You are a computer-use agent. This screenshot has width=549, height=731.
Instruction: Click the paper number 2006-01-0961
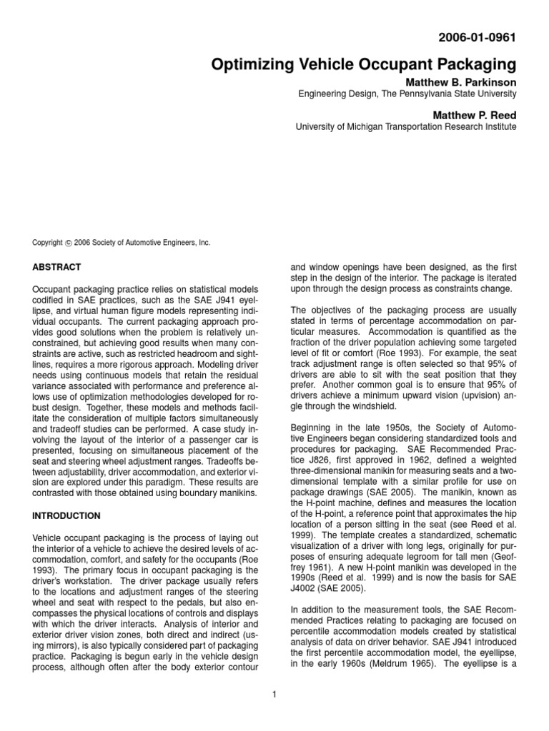pyautogui.click(x=477, y=36)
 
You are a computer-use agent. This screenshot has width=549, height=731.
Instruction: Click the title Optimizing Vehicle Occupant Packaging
pyautogui.click(x=364, y=65)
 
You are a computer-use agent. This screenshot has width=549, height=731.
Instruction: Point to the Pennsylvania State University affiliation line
pyautogui.click(x=406, y=94)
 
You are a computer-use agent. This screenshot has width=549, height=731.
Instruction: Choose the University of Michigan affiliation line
pyautogui.click(x=405, y=127)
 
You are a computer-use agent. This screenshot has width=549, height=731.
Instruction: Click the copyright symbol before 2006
pyautogui.click(x=69, y=243)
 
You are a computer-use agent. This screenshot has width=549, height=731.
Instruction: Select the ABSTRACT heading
pyautogui.click(x=56, y=267)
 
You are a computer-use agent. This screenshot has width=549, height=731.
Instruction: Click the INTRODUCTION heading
pyautogui.click(x=66, y=515)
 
